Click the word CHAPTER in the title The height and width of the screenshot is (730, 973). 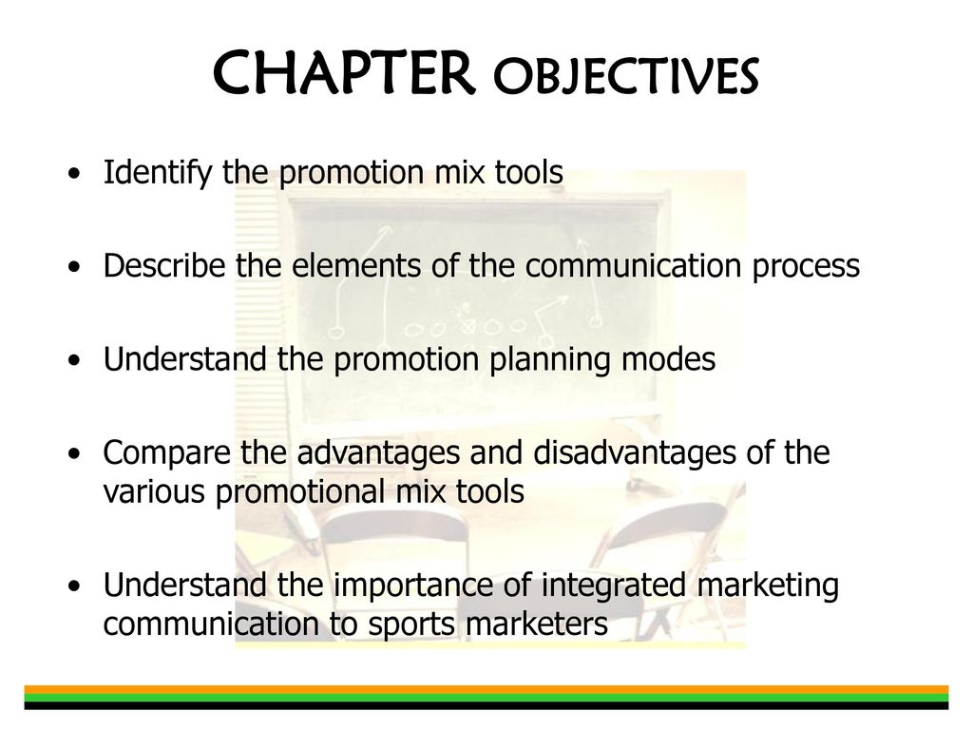tap(344, 73)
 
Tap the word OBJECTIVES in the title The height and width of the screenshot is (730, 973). tap(626, 76)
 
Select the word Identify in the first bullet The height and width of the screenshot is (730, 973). tap(158, 173)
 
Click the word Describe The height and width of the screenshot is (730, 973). tap(164, 265)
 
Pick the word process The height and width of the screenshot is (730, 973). tap(806, 267)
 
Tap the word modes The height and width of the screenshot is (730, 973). tap(669, 359)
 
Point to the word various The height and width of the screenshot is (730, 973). tap(154, 492)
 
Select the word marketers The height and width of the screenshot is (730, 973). tap(537, 624)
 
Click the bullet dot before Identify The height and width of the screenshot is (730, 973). tap(75, 174)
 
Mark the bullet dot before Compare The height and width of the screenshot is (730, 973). tap(75, 453)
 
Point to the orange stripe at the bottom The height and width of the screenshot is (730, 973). tap(486, 690)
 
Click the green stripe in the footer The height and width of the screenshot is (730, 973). tap(486, 698)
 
